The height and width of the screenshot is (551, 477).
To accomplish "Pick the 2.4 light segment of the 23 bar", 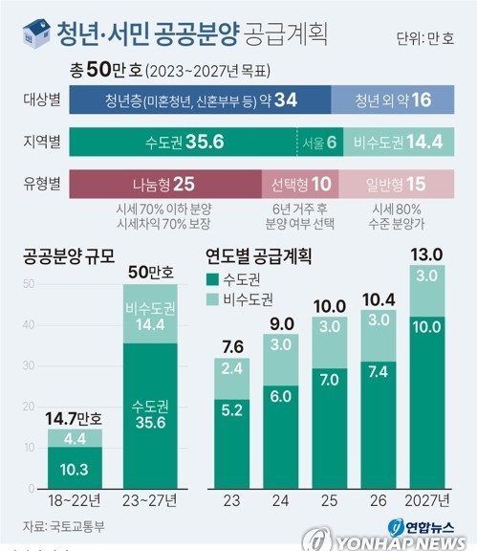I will tap(230, 393).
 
